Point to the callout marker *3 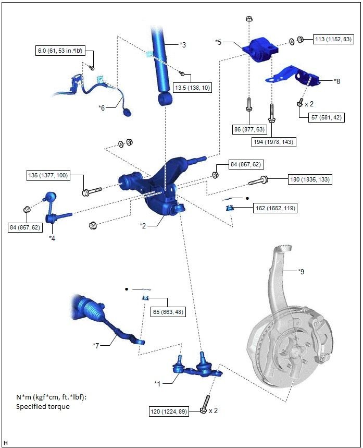click(182, 45)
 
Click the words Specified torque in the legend click(43, 406)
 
